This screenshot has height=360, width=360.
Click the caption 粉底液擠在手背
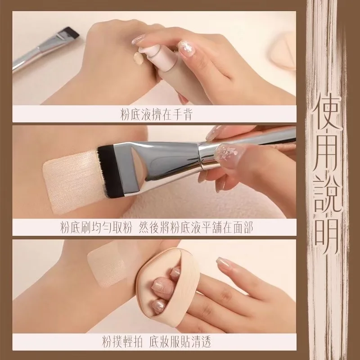click(156, 115)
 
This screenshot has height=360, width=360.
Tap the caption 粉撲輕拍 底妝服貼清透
click(156, 342)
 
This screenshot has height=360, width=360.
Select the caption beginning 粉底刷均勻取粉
click(156, 228)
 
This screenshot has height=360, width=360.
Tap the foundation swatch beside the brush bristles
click(73, 181)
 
